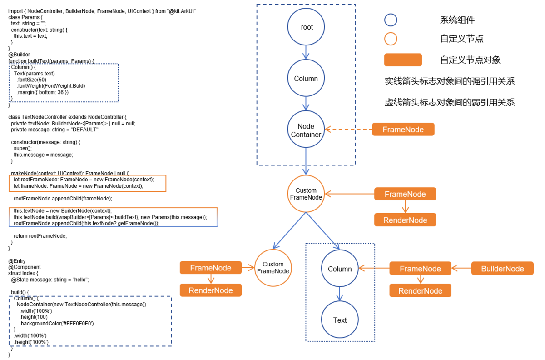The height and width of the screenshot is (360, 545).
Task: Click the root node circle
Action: coord(307,27)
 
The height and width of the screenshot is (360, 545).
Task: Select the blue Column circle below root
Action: coord(306,79)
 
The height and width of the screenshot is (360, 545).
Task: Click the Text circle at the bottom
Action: coord(340,320)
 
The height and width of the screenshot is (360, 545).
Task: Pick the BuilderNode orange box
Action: coord(502,269)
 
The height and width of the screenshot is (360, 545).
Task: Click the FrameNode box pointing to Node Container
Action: coord(403,130)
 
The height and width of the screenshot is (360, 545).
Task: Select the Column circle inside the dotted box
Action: coord(340,269)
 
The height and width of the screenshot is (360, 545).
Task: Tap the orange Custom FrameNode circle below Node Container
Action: coord(306,194)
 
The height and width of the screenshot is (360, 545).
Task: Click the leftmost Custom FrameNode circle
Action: coord(273,268)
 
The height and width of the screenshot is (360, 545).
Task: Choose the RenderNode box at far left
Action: coord(211,290)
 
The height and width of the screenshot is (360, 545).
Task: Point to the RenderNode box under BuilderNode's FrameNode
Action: coord(420,291)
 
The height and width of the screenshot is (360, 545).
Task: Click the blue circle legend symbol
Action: coord(391,20)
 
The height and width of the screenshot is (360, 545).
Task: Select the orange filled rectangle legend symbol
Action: coord(403,60)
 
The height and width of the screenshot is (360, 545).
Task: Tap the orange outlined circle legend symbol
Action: coord(391,39)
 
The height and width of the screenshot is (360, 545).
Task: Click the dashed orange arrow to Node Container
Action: coord(348,130)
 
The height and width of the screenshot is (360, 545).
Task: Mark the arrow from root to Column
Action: coord(307,52)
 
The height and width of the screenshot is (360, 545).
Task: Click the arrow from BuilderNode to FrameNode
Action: coord(461,269)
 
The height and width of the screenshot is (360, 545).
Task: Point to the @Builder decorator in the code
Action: coord(19,55)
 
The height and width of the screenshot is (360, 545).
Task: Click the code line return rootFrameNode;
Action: coord(40,235)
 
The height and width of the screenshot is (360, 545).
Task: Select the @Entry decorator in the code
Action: coord(17,261)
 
